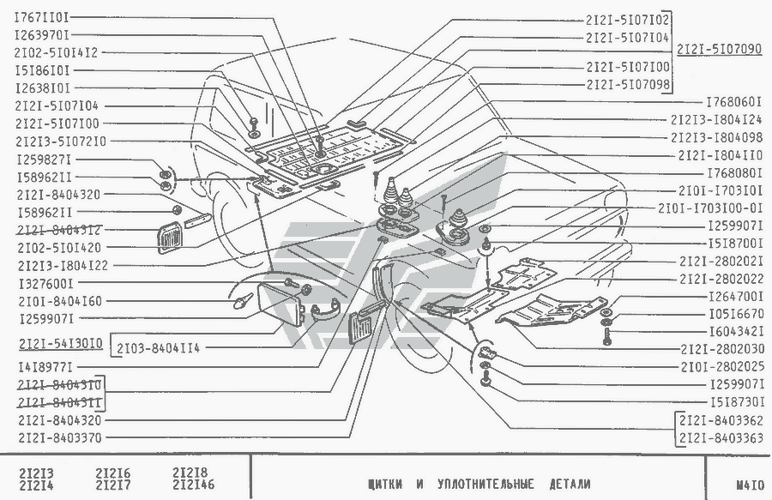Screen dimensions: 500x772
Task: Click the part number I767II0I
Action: (42, 16)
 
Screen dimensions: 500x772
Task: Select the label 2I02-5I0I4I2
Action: (56, 52)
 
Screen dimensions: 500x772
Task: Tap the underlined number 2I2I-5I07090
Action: (719, 51)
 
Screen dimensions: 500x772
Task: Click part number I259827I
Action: (43, 160)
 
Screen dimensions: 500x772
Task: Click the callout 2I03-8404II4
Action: (159, 347)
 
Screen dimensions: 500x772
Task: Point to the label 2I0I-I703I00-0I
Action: (710, 208)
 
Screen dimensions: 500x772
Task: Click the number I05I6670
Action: (736, 315)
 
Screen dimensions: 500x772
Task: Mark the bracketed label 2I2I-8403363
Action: (720, 438)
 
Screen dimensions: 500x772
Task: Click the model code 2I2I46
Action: (193, 486)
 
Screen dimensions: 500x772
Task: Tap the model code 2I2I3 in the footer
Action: (36, 473)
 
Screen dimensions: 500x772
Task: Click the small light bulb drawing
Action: (242, 300)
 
